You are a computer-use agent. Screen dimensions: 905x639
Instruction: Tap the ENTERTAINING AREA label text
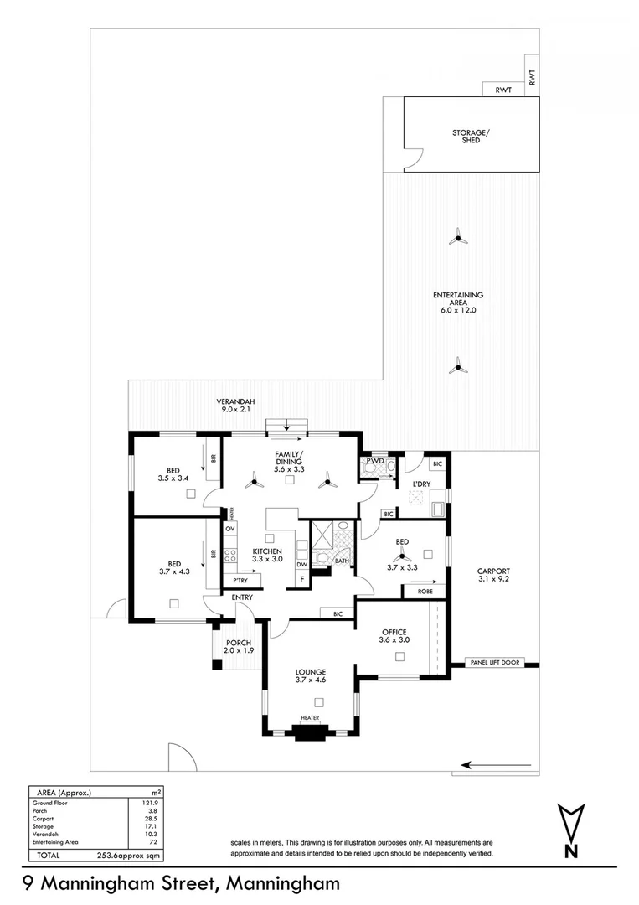coord(457,303)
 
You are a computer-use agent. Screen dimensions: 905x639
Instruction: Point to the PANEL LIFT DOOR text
coord(496,663)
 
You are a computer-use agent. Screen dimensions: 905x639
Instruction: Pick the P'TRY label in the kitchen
coord(240,581)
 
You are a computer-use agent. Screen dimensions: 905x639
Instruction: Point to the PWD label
coord(374,460)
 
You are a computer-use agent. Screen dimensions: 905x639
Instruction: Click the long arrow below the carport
coord(497,764)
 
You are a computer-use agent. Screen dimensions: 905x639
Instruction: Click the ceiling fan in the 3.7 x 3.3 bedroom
coord(402,553)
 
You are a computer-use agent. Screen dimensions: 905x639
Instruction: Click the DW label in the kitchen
coord(301,565)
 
